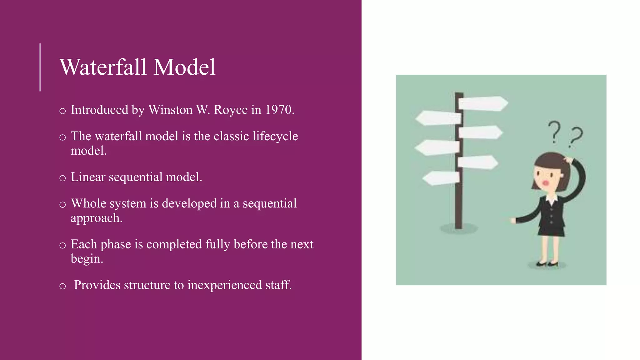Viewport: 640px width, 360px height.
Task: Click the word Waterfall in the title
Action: point(103,67)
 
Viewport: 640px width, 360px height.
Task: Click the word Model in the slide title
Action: point(184,67)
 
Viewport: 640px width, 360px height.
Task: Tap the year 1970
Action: point(279,110)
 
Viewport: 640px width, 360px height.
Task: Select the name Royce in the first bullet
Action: point(231,110)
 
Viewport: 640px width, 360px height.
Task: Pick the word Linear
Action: point(88,177)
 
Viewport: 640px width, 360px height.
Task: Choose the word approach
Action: point(96,218)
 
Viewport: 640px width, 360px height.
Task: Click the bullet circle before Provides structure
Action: point(62,286)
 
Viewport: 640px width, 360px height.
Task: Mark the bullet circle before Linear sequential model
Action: point(62,178)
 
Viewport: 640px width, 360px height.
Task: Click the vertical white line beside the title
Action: point(40,67)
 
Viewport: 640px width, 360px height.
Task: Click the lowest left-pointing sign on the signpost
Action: point(441,178)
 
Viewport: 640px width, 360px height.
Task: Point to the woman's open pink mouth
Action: point(546,183)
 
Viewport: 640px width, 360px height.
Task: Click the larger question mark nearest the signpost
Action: point(554,132)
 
